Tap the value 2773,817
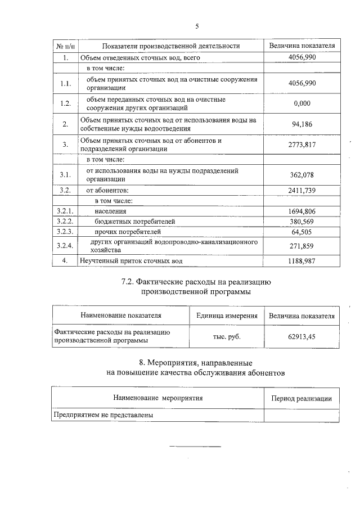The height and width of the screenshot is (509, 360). pyautogui.click(x=302, y=145)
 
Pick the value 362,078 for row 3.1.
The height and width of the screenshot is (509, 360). pyautogui.click(x=302, y=175)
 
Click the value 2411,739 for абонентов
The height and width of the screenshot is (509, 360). pyautogui.click(x=302, y=190)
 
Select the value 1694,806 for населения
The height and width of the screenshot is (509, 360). pyautogui.click(x=302, y=211)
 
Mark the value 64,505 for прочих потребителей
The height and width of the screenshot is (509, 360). pyautogui.click(x=302, y=231)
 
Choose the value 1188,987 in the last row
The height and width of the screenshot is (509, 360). pyautogui.click(x=302, y=261)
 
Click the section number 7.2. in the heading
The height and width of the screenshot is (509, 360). pyautogui.click(x=132, y=282)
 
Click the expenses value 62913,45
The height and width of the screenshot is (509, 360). pyautogui.click(x=302, y=336)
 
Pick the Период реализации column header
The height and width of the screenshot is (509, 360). pyautogui.click(x=301, y=398)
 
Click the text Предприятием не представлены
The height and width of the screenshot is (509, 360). pyautogui.click(x=103, y=415)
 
